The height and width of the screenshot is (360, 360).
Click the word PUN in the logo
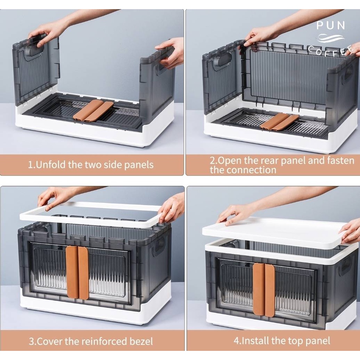[330, 25]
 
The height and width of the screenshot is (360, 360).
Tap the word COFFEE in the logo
[331, 51]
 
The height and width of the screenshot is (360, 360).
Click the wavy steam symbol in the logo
[330, 38]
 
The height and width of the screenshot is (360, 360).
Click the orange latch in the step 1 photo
[93, 110]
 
